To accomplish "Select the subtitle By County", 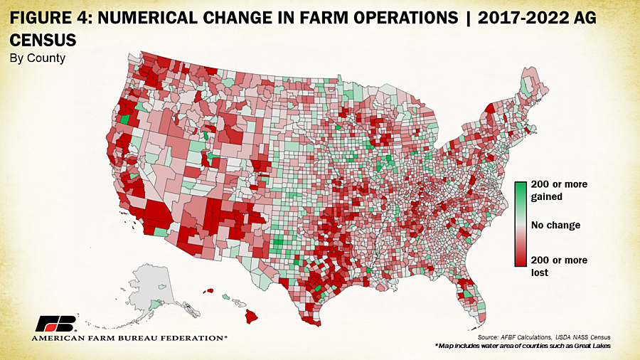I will coord(37,58).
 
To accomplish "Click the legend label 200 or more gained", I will coord(560,190).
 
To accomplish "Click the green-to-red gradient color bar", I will coord(521,224).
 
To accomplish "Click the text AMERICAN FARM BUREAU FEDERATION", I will coord(129,338).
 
